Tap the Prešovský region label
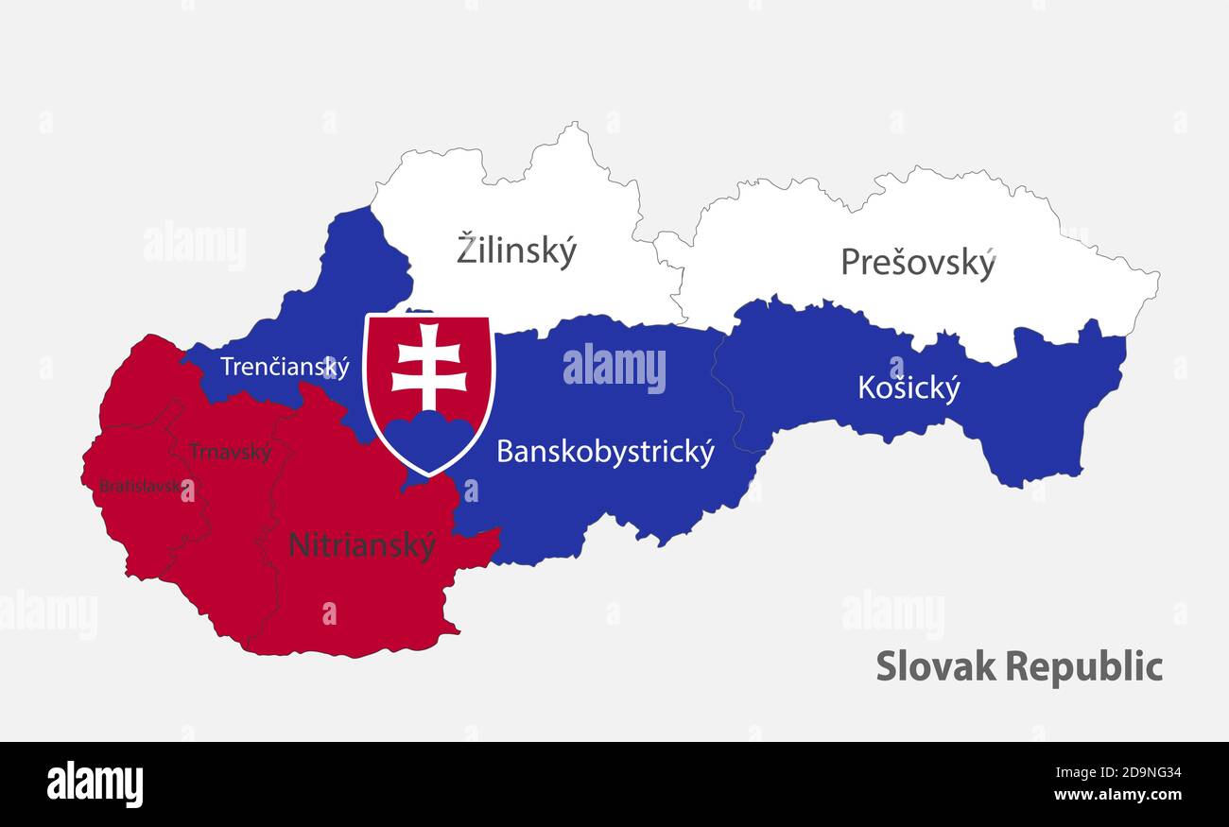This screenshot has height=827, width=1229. pyautogui.click(x=918, y=263)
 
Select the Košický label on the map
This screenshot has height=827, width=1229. pyautogui.click(x=909, y=388)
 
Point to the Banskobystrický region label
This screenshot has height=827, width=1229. pyautogui.click(x=605, y=452)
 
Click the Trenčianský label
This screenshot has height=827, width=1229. pyautogui.click(x=285, y=367)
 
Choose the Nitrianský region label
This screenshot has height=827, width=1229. pyautogui.click(x=362, y=545)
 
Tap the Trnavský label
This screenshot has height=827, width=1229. pyautogui.click(x=230, y=452)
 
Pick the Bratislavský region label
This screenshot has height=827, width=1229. pyautogui.click(x=139, y=487)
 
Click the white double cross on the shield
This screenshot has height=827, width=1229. pyautogui.click(x=428, y=368)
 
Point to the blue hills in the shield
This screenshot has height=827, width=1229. pyautogui.click(x=428, y=436)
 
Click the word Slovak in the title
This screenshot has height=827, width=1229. pyautogui.click(x=934, y=666)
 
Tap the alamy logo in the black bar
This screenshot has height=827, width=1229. pyautogui.click(x=95, y=784)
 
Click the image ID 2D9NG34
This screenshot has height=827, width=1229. pyautogui.click(x=1130, y=772)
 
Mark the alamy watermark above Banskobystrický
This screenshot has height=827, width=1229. pyautogui.click(x=614, y=368)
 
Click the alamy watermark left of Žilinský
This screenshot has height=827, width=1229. pyautogui.click(x=195, y=245)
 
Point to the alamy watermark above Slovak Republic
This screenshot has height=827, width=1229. pyautogui.click(x=892, y=613)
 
